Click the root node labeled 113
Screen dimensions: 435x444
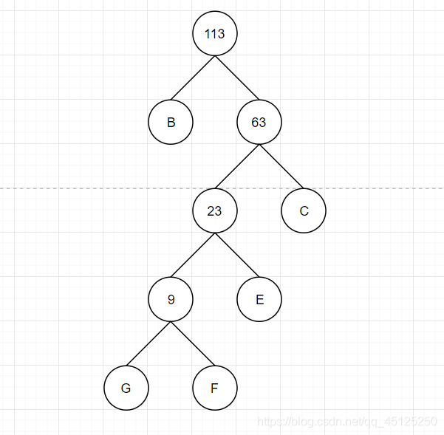pyautogui.click(x=215, y=34)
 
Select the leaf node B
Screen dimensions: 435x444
pyautogui.click(x=171, y=122)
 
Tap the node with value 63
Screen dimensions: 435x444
pyautogui.click(x=259, y=122)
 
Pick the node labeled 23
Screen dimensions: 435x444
pyautogui.click(x=215, y=211)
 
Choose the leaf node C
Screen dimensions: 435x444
pyautogui.click(x=304, y=211)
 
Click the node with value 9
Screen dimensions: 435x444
pyautogui.click(x=171, y=300)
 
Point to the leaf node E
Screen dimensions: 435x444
pyautogui.click(x=259, y=300)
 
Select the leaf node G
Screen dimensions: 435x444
pyautogui.click(x=126, y=388)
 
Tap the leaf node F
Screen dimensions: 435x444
pyautogui.click(x=215, y=388)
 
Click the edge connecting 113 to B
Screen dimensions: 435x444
pyautogui.click(x=193, y=78)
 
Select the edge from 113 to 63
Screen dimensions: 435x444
pyautogui.click(x=237, y=78)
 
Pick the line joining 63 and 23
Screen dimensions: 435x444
pyautogui.click(x=237, y=166)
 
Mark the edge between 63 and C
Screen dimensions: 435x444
pyautogui.click(x=281, y=166)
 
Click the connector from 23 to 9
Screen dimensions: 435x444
pyautogui.click(x=193, y=256)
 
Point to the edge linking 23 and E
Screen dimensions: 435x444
pyautogui.click(x=237, y=256)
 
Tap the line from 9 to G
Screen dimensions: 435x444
pyautogui.click(x=148, y=343)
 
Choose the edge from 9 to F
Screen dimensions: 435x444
pyautogui.click(x=193, y=343)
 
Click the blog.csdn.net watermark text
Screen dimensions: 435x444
pyautogui.click(x=346, y=421)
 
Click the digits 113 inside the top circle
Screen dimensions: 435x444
pyautogui.click(x=215, y=34)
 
